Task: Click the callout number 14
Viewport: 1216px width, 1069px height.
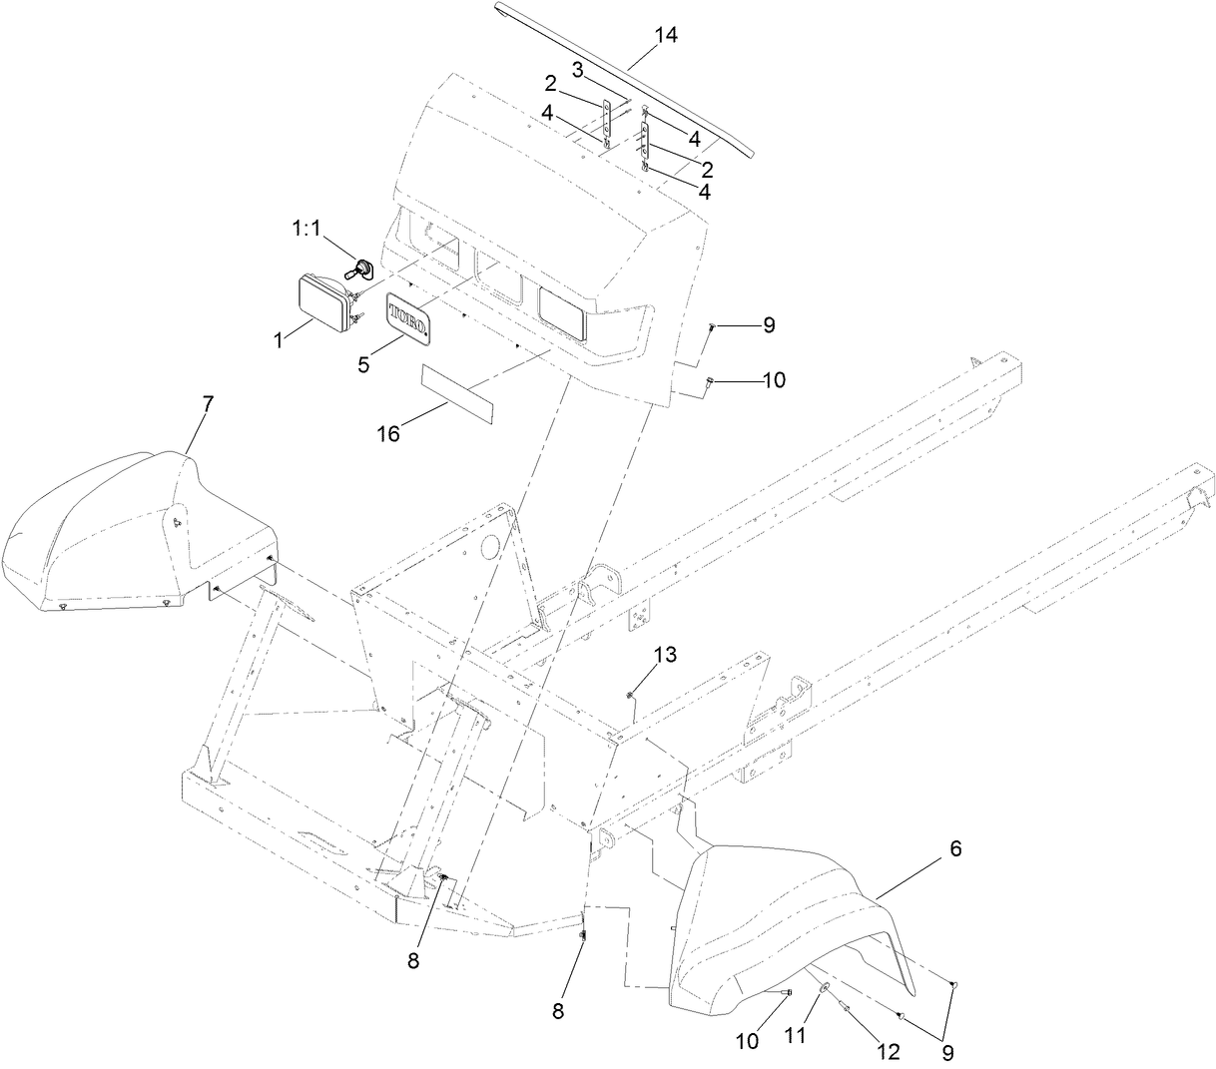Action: [666, 35]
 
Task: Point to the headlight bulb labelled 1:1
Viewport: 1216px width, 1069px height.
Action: [361, 267]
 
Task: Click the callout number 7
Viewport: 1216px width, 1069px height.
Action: [208, 404]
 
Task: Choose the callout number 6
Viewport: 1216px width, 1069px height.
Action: [954, 848]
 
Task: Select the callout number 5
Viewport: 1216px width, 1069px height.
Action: [363, 364]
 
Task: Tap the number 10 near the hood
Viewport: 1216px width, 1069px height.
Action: [774, 380]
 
